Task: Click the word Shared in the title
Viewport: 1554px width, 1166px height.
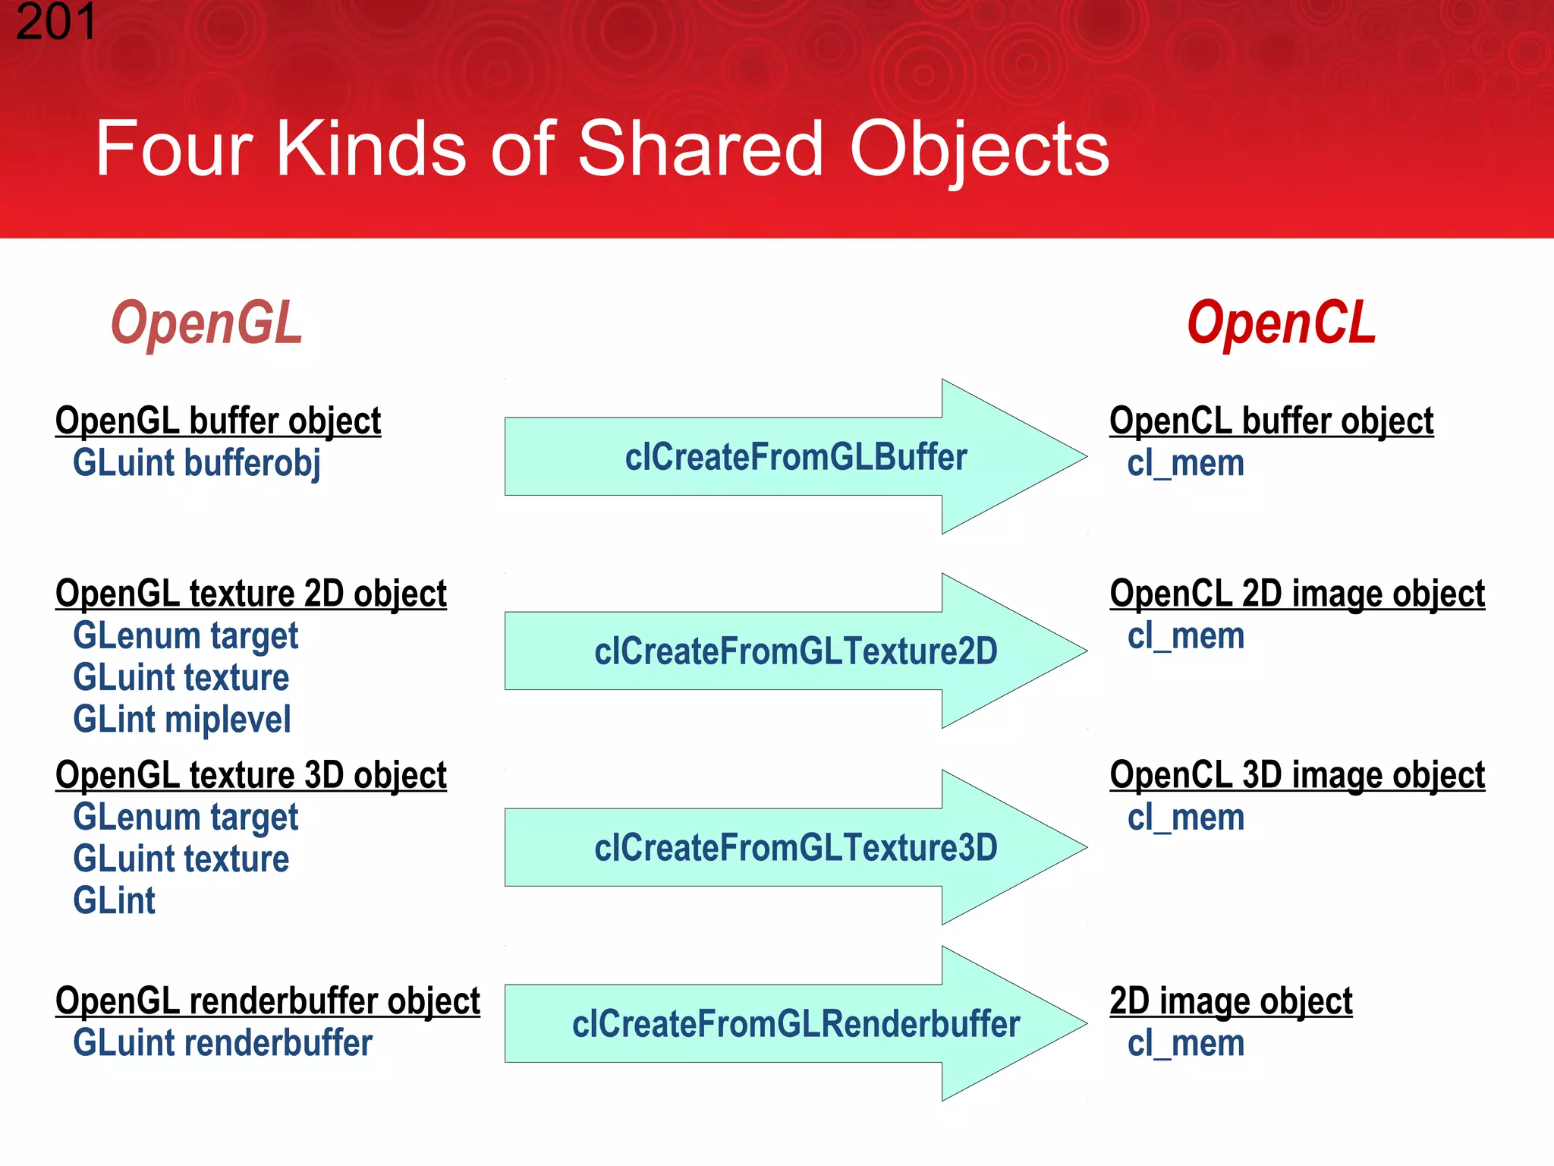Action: [x=700, y=150]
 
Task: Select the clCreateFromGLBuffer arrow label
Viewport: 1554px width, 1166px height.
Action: [x=795, y=458]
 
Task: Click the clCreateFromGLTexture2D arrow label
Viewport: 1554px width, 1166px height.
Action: [x=795, y=652]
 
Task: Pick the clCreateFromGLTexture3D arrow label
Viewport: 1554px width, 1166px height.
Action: [x=795, y=848]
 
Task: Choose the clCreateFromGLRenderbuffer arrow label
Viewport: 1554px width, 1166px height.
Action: [x=795, y=1024]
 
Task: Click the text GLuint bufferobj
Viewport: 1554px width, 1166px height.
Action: [x=197, y=464]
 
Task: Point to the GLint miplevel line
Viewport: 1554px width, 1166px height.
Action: [x=181, y=720]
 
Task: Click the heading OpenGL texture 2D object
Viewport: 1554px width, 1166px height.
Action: [x=250, y=594]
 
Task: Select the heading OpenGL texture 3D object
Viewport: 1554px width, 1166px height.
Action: [x=250, y=776]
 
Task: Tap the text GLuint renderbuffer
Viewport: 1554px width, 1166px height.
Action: [x=222, y=1043]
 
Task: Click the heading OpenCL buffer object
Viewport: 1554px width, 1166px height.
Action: [x=1271, y=421]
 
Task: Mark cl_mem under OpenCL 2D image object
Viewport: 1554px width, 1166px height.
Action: [x=1185, y=636]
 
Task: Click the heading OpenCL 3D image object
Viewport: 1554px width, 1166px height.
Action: [x=1297, y=776]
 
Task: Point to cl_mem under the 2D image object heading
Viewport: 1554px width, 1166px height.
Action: [x=1185, y=1044]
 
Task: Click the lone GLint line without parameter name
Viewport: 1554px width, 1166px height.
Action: [x=114, y=901]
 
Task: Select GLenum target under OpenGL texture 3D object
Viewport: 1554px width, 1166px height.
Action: [x=185, y=818]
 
